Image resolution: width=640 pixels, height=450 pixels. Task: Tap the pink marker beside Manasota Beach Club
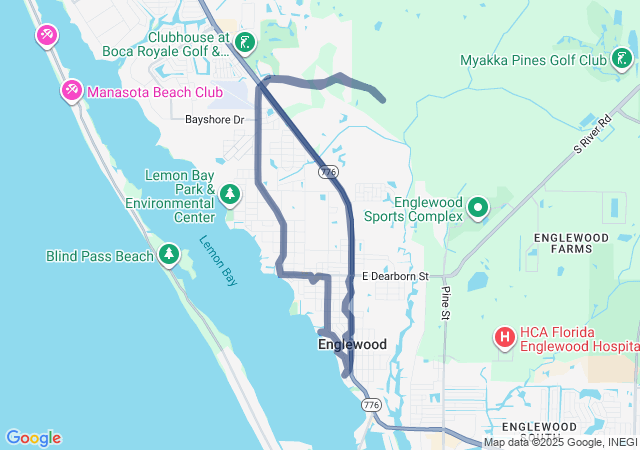coord(72,92)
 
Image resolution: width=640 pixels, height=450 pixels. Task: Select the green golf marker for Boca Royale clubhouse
coord(245,42)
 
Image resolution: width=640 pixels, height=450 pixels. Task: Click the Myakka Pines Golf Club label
coord(533,60)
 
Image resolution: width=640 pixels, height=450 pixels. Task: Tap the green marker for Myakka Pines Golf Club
coord(620,60)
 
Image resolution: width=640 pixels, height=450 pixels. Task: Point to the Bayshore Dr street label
coord(214,120)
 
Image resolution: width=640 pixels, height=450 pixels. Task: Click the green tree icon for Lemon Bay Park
coord(231,192)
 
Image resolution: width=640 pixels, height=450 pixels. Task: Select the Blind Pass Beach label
coord(100,256)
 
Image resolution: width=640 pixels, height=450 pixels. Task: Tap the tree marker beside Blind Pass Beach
coord(169,255)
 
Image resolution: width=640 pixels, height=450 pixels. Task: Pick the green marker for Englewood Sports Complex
coord(478,208)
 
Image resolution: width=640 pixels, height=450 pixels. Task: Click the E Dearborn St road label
coord(395,276)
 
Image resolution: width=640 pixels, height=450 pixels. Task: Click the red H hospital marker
coord(505,339)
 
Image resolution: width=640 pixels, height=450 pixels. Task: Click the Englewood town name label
coord(352,344)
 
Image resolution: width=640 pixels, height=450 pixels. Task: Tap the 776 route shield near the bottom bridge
coord(372,405)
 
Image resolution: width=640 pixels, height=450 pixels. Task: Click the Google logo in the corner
coord(33,438)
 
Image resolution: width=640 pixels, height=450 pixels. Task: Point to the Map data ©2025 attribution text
coord(560,442)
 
